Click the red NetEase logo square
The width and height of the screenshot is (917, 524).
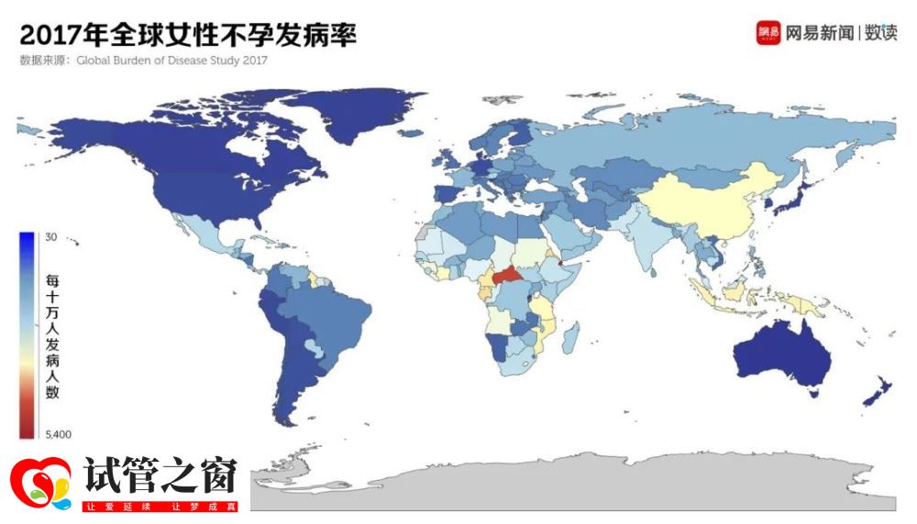tap(768, 33)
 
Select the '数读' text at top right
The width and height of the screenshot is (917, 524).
tap(880, 33)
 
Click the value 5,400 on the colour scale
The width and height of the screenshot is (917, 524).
tap(58, 433)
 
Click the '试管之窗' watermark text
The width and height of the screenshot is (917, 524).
tap(160, 475)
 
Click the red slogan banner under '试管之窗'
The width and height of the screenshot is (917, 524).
tap(160, 506)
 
